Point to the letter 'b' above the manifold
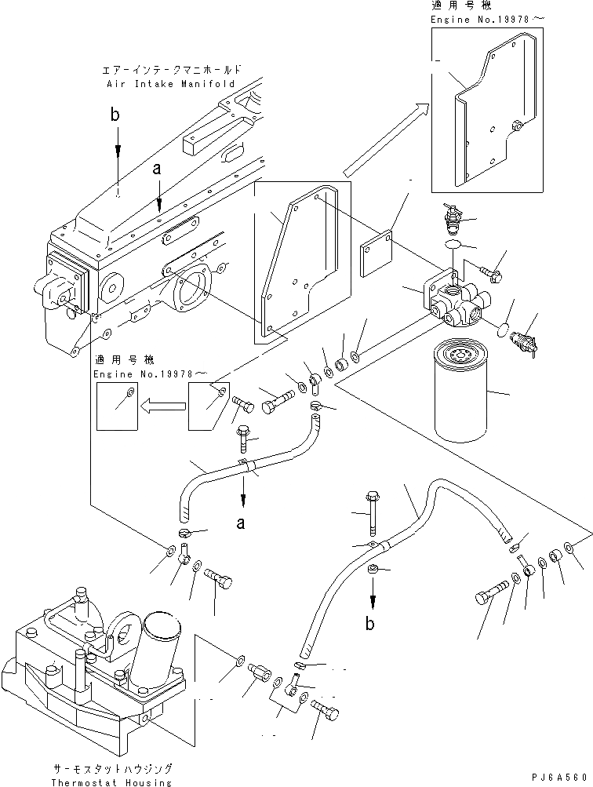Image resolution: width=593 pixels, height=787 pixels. pyautogui.click(x=116, y=116)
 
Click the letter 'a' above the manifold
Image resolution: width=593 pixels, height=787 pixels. pyautogui.click(x=158, y=169)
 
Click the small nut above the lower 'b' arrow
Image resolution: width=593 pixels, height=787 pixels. pyautogui.click(x=375, y=569)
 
